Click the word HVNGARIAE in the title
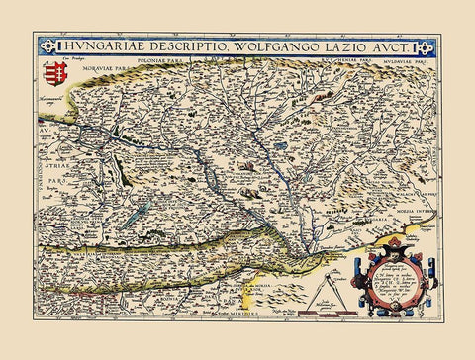pos(92,46)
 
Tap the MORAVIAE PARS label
pos(106,69)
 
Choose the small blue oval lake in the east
pos(282,145)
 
